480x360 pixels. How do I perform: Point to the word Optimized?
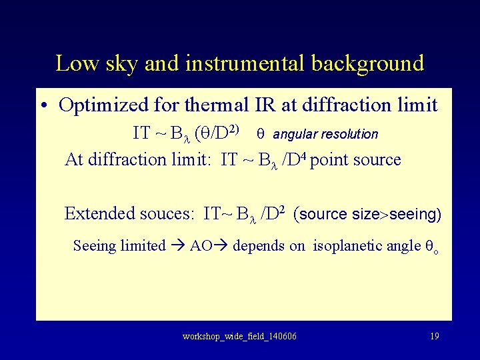102,105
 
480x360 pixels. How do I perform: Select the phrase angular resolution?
325,134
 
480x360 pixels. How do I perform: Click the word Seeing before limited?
93,245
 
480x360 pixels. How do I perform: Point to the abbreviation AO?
201,245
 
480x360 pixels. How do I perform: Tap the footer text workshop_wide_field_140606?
239,336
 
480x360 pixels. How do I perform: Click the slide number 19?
435,336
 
